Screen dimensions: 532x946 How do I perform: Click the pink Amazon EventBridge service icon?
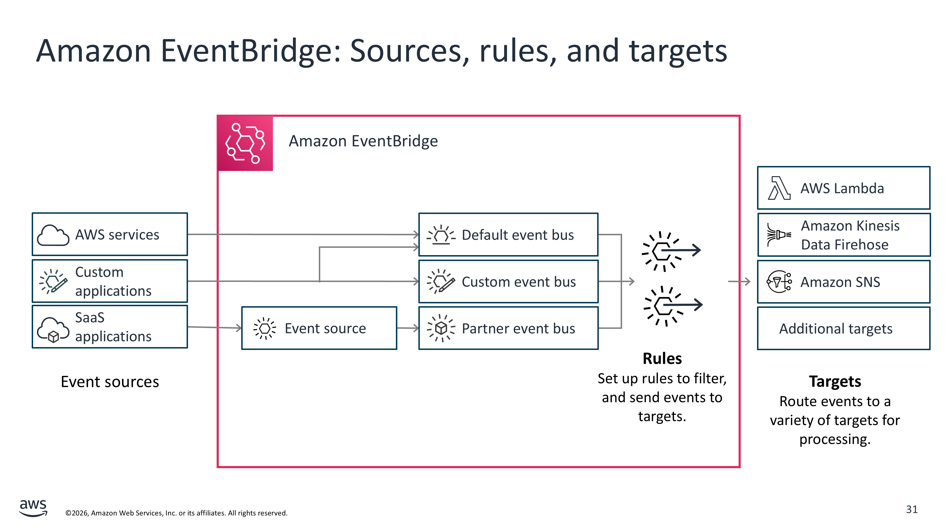point(245,143)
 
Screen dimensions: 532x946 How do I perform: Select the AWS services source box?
point(110,234)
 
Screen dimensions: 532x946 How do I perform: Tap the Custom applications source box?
point(110,281)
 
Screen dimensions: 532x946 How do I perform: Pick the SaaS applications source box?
point(110,327)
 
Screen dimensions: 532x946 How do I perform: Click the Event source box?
point(319,328)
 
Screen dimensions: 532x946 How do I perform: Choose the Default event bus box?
point(508,235)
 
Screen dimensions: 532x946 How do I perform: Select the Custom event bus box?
point(508,282)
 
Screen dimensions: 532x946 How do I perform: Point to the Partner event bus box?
point(508,328)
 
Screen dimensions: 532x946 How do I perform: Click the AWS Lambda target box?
point(844,188)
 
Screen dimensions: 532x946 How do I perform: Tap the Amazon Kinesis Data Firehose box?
point(844,235)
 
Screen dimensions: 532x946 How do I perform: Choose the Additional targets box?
point(844,329)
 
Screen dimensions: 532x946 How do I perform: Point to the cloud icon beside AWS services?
point(53,235)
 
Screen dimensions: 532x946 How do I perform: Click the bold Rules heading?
point(662,358)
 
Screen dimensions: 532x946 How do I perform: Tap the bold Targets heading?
point(835,381)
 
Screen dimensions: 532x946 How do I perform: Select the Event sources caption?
point(110,382)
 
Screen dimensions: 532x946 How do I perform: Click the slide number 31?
point(911,509)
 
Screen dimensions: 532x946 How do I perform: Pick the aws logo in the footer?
point(33,507)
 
